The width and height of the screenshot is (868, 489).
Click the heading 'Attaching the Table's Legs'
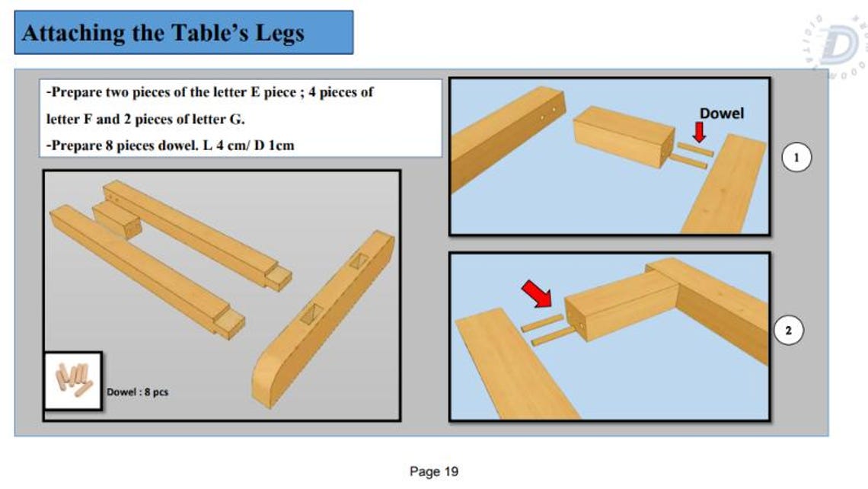tap(164, 33)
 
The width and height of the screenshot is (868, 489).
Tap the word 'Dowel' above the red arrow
tap(721, 113)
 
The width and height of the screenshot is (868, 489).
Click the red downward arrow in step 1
tap(699, 132)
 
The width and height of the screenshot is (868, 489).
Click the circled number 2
tap(789, 331)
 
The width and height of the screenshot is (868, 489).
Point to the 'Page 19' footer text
tap(434, 471)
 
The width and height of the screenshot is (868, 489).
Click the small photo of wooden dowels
tap(73, 381)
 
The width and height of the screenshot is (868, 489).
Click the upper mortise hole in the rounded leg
tap(358, 261)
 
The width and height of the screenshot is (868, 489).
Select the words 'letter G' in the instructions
tap(221, 120)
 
